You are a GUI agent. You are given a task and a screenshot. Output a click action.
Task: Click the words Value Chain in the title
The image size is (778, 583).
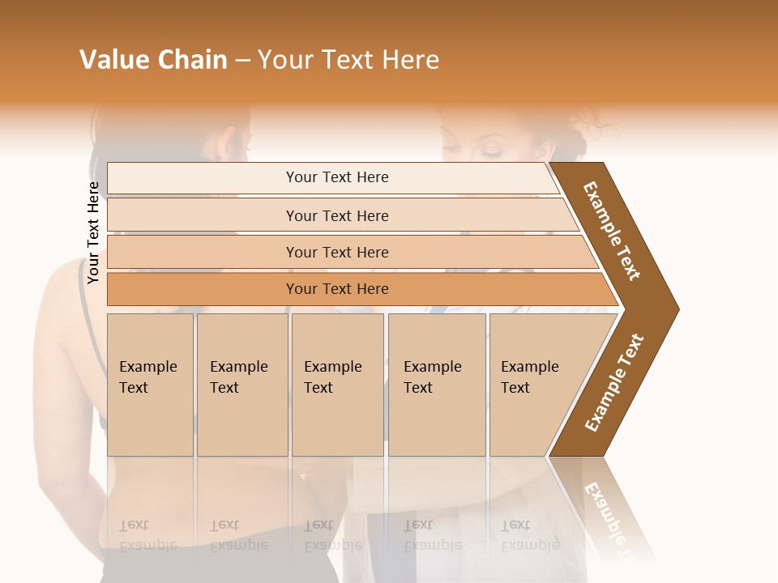tap(153, 60)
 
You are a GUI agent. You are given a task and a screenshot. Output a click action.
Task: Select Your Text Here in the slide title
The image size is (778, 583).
tap(348, 60)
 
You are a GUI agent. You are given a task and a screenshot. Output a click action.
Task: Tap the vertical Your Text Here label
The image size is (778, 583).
tap(93, 232)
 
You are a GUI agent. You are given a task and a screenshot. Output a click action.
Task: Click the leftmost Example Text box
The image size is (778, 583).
tap(150, 385)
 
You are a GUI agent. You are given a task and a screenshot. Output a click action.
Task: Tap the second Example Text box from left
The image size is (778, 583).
tap(242, 385)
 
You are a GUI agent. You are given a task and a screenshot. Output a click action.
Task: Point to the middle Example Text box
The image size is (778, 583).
tap(337, 385)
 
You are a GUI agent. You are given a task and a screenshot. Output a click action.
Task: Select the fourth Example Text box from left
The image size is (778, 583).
tap(436, 385)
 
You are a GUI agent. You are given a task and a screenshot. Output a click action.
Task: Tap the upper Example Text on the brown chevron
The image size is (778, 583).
tap(612, 230)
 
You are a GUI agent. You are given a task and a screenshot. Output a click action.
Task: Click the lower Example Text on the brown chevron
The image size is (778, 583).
tap(614, 383)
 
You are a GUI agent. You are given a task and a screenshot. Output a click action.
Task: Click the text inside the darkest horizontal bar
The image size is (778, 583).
tap(337, 289)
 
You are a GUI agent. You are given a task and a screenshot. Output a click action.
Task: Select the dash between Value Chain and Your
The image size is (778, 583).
tap(242, 61)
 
